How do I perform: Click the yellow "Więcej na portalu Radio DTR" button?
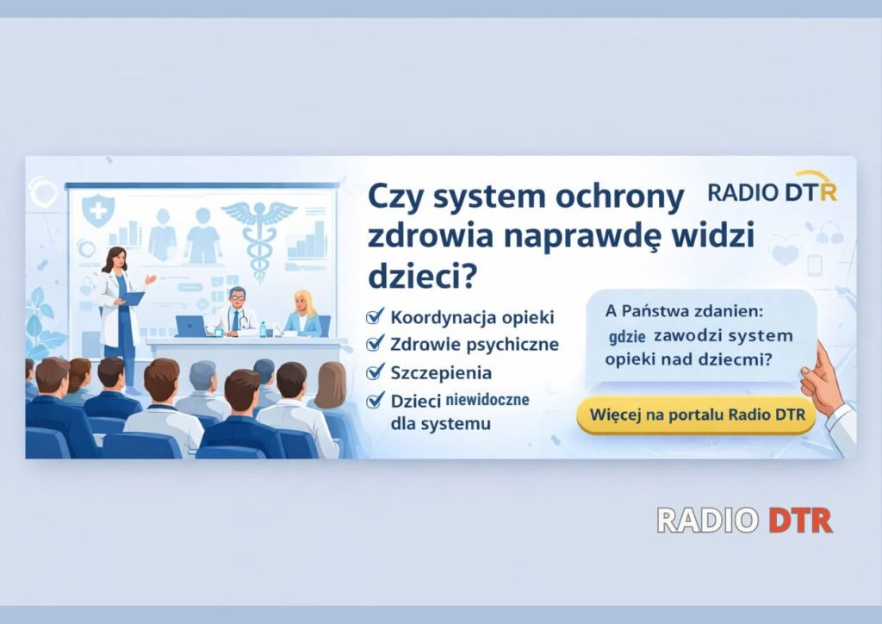pos(696,415)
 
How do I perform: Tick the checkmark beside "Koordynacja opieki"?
pos(375,316)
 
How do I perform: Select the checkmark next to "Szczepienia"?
pos(375,372)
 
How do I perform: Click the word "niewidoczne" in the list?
pos(488,400)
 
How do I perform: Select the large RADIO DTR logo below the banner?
pos(744,520)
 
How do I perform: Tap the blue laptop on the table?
pos(190,326)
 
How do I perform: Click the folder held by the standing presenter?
pos(134,298)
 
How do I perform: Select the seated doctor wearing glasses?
pos(235,313)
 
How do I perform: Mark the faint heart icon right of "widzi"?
pos(785,254)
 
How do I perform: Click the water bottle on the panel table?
pos(263,329)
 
